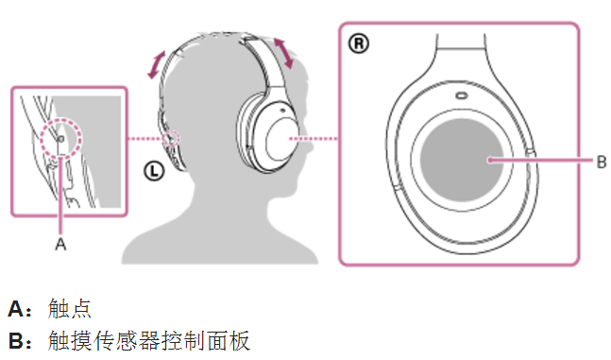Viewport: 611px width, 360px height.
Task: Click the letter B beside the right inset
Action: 601,162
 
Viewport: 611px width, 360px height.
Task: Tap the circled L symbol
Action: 154,170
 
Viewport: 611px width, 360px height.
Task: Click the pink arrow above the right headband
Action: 283,51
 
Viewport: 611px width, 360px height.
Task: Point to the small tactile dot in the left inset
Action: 61,137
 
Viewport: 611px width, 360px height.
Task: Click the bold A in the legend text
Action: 15,308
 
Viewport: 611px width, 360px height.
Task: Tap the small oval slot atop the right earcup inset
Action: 460,95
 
